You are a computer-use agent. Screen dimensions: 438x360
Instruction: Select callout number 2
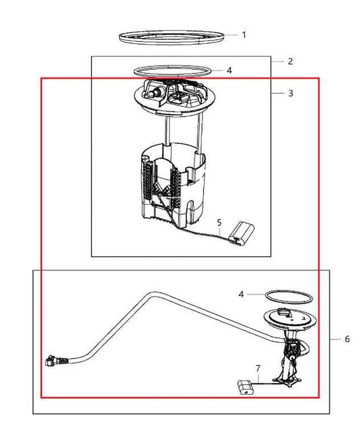290,62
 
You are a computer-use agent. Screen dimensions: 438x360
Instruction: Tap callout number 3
290,93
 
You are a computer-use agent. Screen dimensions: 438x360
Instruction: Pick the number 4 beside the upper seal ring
229,70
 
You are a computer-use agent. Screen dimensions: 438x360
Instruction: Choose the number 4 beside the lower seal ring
240,294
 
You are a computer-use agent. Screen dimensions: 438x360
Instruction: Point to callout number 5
219,222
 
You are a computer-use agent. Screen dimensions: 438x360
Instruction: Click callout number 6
346,339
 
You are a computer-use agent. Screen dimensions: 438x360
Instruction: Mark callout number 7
257,368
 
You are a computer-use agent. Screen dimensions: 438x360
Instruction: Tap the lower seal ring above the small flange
289,296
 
